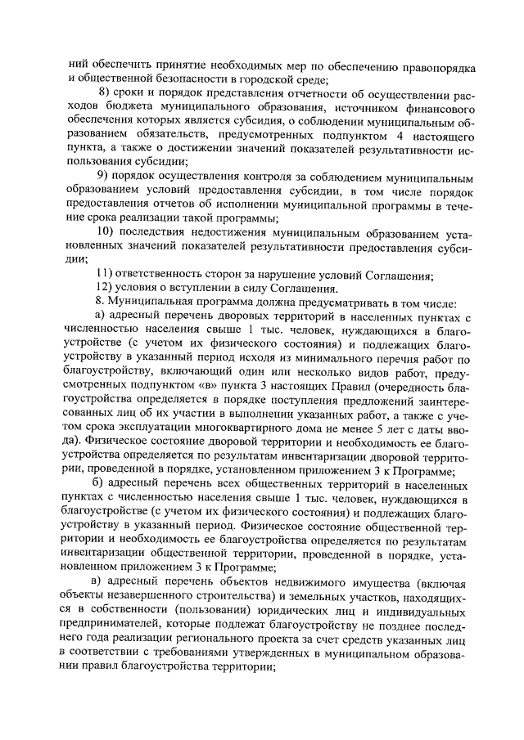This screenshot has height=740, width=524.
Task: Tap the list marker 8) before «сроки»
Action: tap(104, 93)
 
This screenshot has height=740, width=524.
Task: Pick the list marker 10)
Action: tap(106, 232)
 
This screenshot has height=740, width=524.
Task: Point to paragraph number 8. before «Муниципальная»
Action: tap(101, 302)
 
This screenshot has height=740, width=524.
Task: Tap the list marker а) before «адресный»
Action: tap(102, 316)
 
